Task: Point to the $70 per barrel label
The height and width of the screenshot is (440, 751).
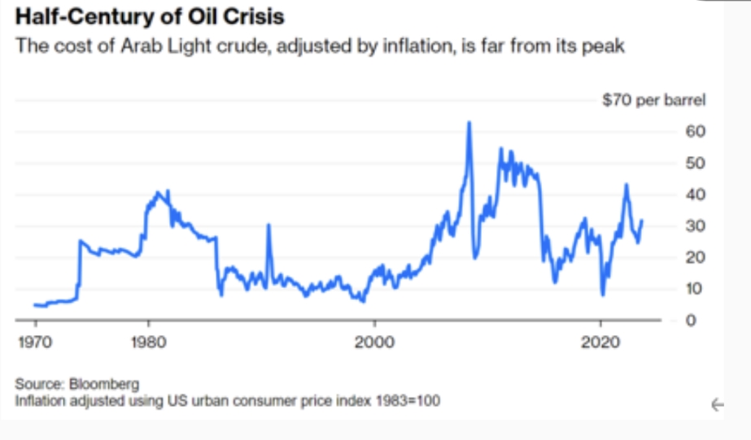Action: [x=653, y=101]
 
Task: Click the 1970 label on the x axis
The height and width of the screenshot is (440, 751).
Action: [x=36, y=342]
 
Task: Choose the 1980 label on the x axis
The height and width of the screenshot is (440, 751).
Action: [x=149, y=342]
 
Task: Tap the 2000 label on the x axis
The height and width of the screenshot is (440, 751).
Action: [x=375, y=342]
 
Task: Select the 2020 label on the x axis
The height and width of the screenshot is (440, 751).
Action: [x=601, y=342]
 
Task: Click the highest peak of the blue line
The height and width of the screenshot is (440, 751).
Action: [x=469, y=123]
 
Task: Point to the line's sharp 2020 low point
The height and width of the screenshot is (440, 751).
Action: [x=603, y=294]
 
